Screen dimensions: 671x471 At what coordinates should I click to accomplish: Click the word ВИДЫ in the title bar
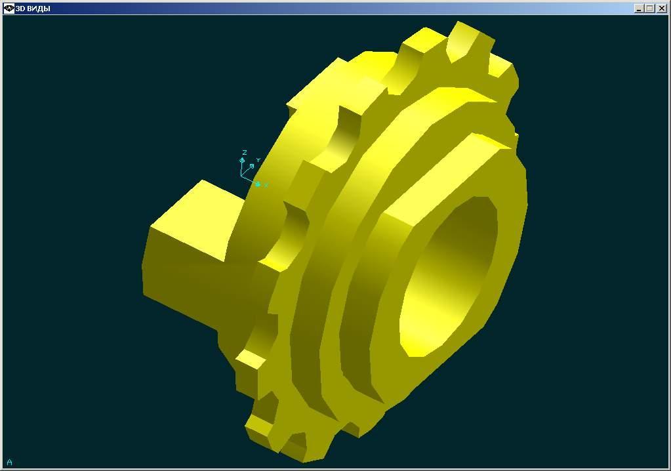click(37, 8)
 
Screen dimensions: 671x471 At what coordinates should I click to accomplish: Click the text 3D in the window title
click(20, 8)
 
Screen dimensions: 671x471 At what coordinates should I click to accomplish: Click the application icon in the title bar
click(9, 8)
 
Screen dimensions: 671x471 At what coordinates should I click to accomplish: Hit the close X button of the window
click(662, 8)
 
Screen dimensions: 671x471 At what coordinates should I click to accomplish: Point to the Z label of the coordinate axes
click(245, 152)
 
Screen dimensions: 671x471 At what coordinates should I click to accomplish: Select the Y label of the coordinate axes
click(258, 160)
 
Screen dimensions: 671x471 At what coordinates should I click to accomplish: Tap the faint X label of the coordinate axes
click(266, 185)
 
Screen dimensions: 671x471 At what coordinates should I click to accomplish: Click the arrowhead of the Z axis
click(242, 161)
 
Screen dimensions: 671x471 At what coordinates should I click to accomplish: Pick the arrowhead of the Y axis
click(252, 166)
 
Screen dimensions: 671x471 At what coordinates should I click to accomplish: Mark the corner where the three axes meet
click(241, 176)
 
